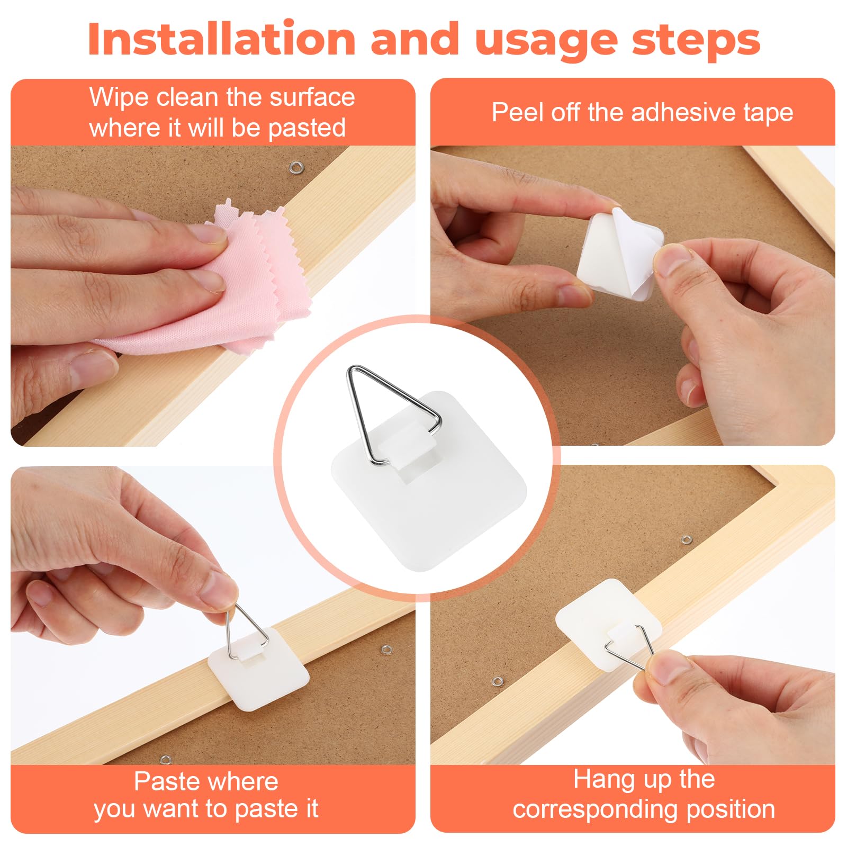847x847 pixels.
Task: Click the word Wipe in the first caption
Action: (x=119, y=97)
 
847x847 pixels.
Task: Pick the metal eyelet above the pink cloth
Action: (x=295, y=169)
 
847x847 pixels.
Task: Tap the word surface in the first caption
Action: (x=312, y=97)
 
